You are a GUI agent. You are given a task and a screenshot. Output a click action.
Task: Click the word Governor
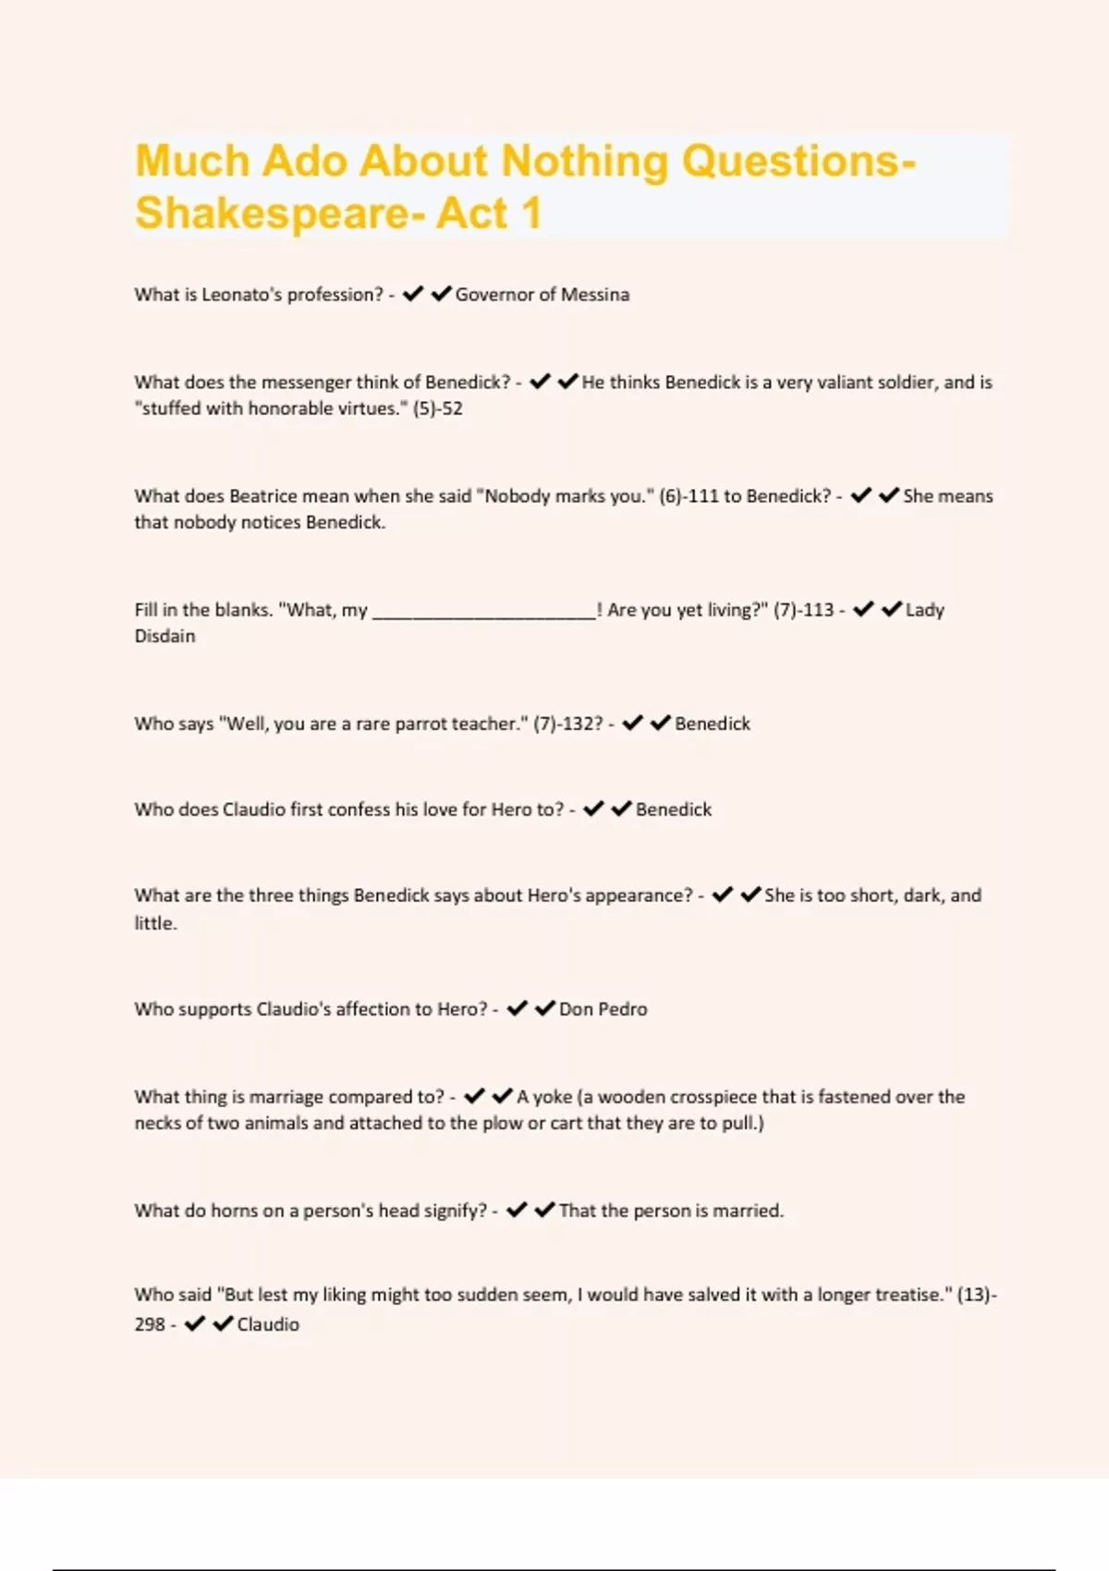tap(494, 295)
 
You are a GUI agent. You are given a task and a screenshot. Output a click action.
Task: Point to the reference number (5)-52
tap(437, 408)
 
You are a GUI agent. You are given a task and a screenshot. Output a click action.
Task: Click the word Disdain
tap(165, 637)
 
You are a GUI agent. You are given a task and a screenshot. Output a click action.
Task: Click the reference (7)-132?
tap(567, 724)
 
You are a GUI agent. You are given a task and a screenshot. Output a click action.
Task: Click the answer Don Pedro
tap(603, 1009)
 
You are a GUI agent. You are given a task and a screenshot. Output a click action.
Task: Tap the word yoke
tap(553, 1097)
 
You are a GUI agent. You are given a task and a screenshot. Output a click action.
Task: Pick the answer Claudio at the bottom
tap(268, 1324)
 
